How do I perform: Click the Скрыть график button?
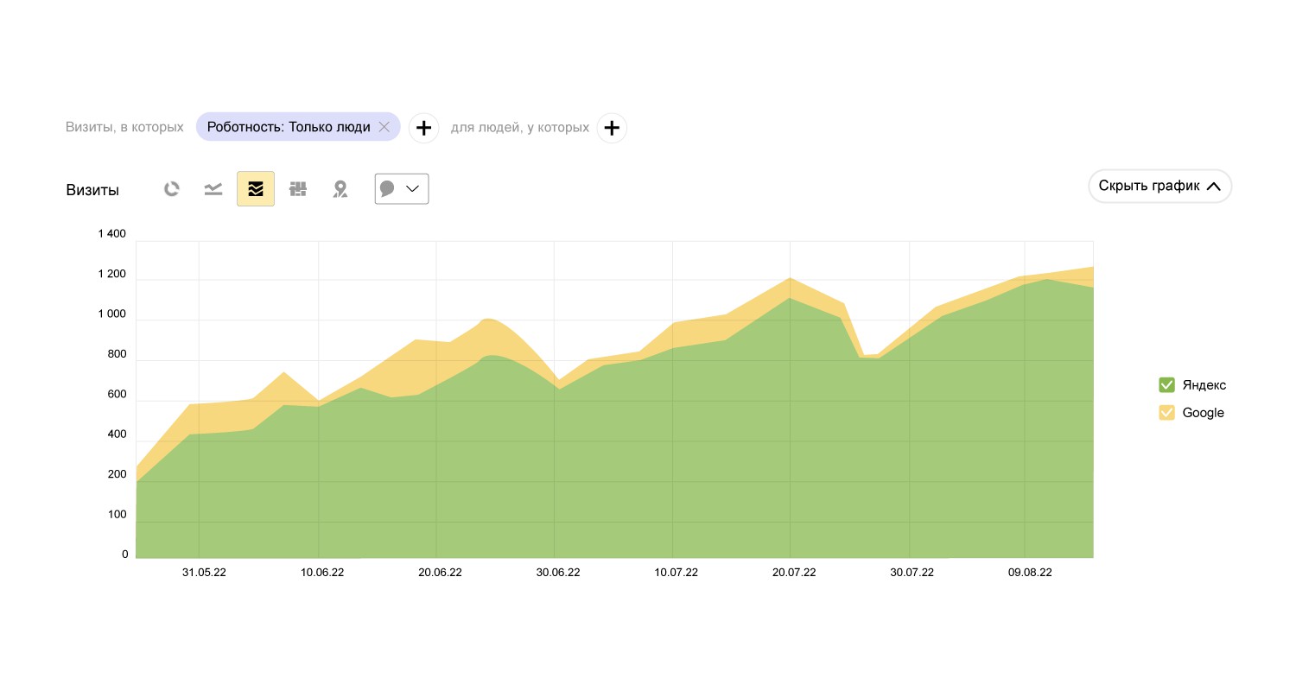(x=1159, y=186)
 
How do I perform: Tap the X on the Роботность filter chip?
(x=384, y=127)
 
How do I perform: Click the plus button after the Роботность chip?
(x=423, y=128)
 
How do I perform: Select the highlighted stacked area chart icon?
(x=256, y=189)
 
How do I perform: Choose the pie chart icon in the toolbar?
(x=172, y=189)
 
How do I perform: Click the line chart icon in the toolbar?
(x=213, y=189)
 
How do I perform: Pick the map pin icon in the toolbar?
(x=340, y=189)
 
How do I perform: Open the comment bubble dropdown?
(x=402, y=189)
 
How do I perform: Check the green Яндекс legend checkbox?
(x=1166, y=385)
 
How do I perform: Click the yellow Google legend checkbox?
(x=1166, y=413)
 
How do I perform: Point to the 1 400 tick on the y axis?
(x=111, y=234)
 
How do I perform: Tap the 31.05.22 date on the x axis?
(x=204, y=573)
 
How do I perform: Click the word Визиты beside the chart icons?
(x=92, y=190)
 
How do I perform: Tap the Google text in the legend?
(x=1203, y=413)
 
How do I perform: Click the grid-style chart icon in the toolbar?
(x=298, y=189)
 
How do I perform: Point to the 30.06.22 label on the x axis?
(x=558, y=573)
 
